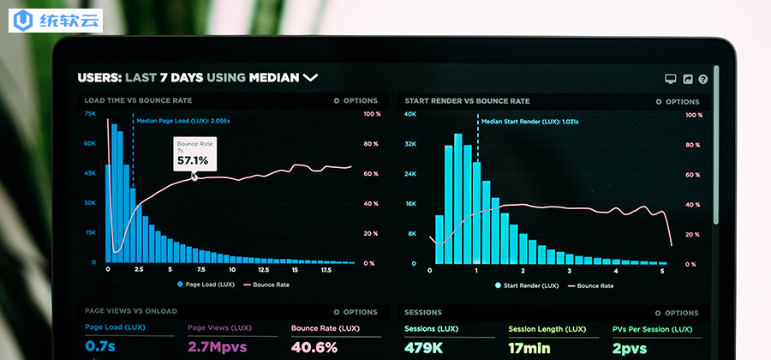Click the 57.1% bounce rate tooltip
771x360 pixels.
pyautogui.click(x=194, y=154)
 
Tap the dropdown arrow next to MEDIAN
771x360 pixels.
pyautogui.click(x=310, y=77)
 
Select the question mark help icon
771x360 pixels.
pyautogui.click(x=703, y=79)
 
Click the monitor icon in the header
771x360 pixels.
pyautogui.click(x=670, y=79)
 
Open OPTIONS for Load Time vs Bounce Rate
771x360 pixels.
pyautogui.click(x=356, y=101)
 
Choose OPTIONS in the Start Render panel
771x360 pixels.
pyautogui.click(x=677, y=102)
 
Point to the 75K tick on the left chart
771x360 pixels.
pyautogui.click(x=90, y=114)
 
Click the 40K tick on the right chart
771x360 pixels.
pyautogui.click(x=410, y=115)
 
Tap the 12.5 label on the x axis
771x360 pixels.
pyautogui.click(x=264, y=270)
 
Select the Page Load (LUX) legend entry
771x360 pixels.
pyautogui.click(x=206, y=285)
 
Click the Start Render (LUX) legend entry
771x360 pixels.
pyautogui.click(x=527, y=285)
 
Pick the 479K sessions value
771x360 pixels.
pyautogui.click(x=423, y=348)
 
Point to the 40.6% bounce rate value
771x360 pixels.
pyautogui.click(x=314, y=347)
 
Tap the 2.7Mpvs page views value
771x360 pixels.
pyautogui.click(x=217, y=347)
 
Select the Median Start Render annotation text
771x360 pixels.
pyautogui.click(x=530, y=122)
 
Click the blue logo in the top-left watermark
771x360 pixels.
pyautogui.click(x=22, y=21)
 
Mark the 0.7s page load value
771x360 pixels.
pyautogui.click(x=100, y=346)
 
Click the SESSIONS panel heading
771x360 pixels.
pyautogui.click(x=423, y=312)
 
